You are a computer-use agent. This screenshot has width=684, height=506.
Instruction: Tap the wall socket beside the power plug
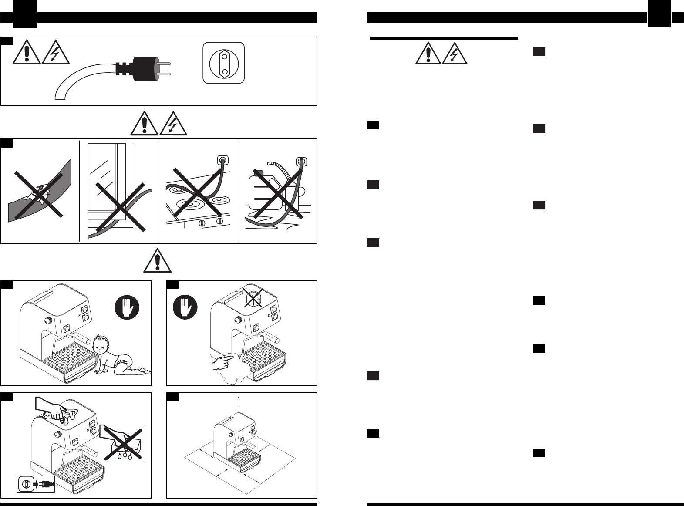[224, 64]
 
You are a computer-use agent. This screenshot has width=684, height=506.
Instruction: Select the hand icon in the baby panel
[127, 308]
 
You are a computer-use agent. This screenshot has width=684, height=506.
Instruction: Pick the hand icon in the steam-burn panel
[185, 308]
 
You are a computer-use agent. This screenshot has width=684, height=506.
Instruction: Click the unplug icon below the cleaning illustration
[36, 484]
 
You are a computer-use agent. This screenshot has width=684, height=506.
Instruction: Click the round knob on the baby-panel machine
[47, 321]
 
